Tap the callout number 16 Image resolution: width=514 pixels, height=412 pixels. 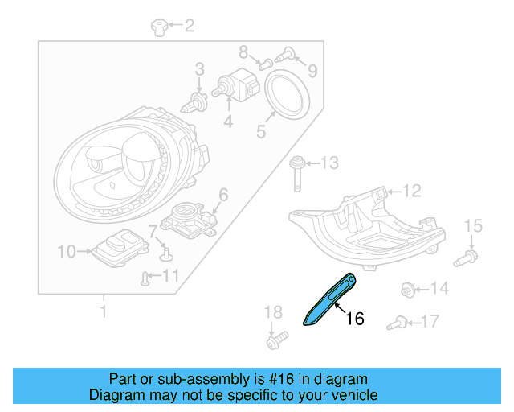click(354, 319)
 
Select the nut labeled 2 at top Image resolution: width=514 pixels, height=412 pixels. click(158, 28)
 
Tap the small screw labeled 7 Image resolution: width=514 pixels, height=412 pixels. click(165, 253)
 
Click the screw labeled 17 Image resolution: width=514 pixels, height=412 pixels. click(395, 323)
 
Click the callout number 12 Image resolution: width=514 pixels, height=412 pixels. click(411, 191)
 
